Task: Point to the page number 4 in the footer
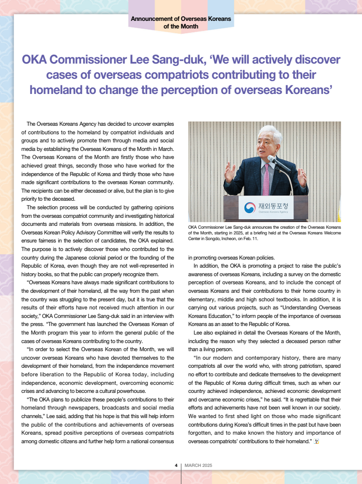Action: point(176,465)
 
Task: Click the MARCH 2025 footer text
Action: point(198,465)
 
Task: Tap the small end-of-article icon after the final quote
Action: point(317,442)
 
